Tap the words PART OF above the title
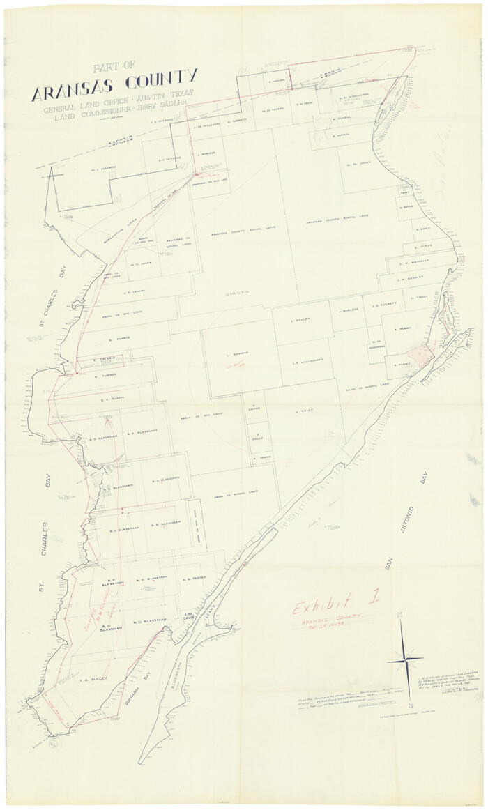pyautogui.click(x=114, y=67)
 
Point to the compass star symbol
pyautogui.click(x=405, y=657)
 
